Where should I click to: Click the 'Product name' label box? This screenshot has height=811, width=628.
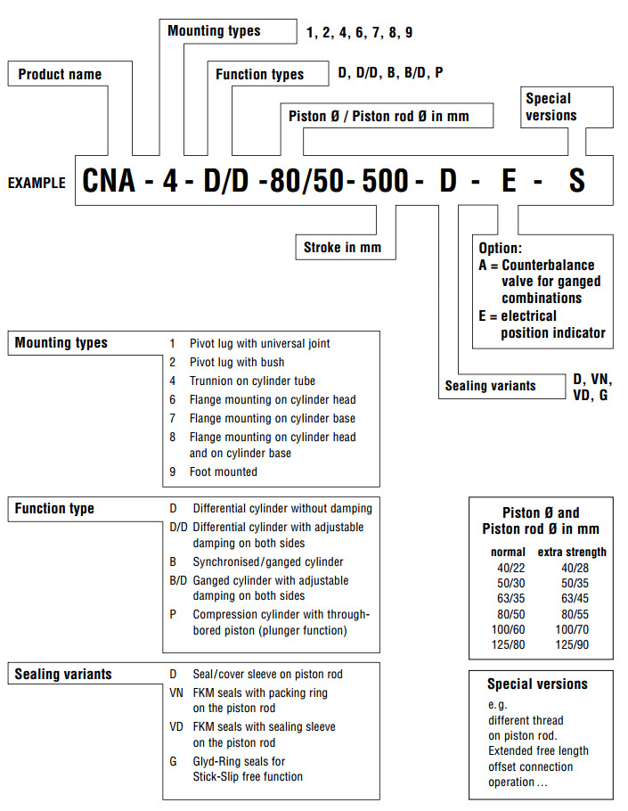pos(61,75)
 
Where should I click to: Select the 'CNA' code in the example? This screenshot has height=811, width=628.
pos(109,181)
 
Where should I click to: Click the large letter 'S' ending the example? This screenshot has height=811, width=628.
pos(577,181)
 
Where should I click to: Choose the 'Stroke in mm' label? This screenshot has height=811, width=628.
pos(342,247)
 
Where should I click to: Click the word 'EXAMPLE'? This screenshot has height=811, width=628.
pos(37,183)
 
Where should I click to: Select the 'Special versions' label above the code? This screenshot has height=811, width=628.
pos(551,107)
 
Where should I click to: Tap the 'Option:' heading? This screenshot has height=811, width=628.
pos(501,248)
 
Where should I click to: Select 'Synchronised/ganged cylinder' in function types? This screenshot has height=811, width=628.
pos(268,562)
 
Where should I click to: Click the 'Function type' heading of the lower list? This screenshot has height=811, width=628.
pos(54,509)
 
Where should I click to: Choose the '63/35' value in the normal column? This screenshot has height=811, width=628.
pos(508,598)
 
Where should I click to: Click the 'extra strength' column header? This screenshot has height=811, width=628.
pos(573,552)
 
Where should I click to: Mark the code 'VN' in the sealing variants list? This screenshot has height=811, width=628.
pos(176,692)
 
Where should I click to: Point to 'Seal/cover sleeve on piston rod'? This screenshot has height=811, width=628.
pos(267,674)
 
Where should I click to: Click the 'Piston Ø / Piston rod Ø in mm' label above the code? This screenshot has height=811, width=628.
pos(379,116)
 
